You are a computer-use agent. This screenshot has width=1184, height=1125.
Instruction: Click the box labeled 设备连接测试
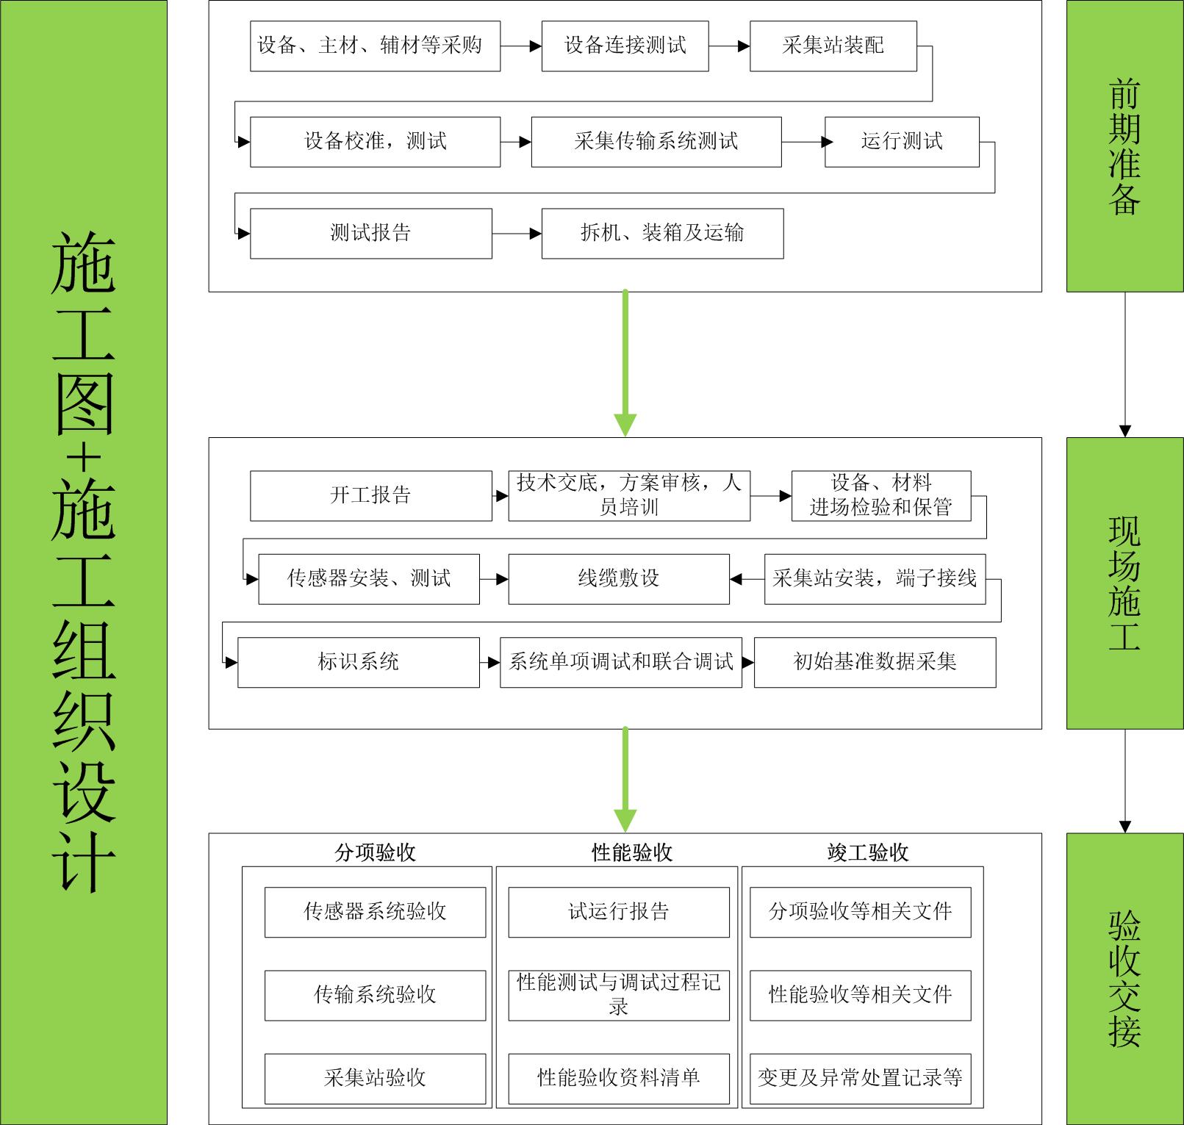coord(625,46)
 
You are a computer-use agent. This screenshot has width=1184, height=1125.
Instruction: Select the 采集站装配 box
coord(833,46)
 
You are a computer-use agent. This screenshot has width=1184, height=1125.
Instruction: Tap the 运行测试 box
coord(902,142)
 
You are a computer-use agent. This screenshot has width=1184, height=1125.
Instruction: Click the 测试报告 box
coord(370,234)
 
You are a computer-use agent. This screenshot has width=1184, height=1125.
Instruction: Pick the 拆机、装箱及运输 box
coord(662,234)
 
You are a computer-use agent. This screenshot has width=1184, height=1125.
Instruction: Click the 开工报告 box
coord(370,496)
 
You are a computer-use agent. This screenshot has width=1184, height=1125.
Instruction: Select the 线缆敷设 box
coord(619,579)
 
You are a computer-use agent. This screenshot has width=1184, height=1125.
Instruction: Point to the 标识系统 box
coord(358,662)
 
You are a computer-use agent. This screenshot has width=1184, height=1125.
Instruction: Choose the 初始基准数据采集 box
coord(875,662)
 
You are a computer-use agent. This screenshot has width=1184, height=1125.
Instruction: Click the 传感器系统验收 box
coord(375,912)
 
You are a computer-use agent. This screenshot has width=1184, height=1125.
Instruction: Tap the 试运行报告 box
coord(619,912)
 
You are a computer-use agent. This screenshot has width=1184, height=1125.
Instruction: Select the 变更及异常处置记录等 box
coord(860,1079)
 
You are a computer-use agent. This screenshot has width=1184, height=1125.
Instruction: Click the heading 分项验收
coord(375,852)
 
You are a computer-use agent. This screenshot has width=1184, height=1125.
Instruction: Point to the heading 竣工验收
coord(868,852)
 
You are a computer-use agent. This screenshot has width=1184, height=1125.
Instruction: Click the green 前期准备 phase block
coord(1125,146)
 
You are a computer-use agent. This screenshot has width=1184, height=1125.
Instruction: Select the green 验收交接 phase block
coord(1125,979)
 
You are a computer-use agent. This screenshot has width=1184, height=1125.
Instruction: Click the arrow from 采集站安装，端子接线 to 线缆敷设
coord(747,579)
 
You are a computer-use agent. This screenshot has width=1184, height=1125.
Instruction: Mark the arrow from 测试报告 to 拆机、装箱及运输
coord(517,234)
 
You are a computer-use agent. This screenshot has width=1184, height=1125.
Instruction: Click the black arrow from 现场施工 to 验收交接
coord(1124,781)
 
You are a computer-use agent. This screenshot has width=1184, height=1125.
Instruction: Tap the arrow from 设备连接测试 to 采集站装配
coord(729,46)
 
